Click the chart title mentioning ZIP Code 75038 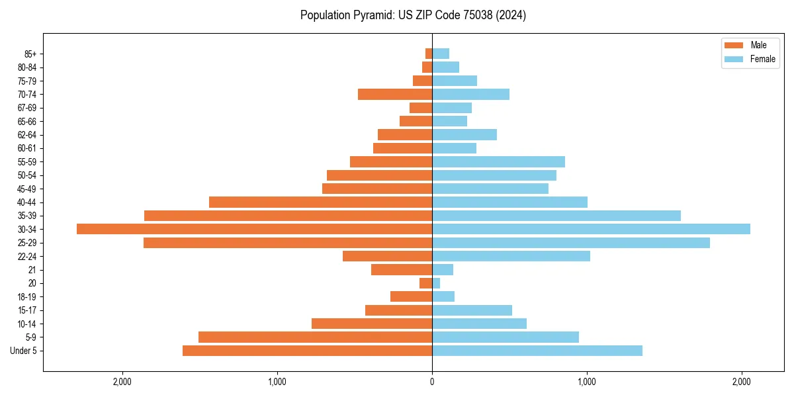coord(413,15)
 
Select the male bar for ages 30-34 coord(254,229)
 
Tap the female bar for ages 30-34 coord(591,229)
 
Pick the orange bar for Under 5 coord(307,351)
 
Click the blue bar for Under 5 coord(537,351)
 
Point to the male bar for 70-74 coord(395,95)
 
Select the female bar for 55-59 coord(498,162)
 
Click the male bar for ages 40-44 coord(320,202)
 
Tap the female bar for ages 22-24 coord(511,256)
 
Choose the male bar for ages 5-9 coord(315,337)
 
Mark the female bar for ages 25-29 coord(570,243)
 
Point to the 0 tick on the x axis coord(432,382)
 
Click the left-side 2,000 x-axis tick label coord(122,382)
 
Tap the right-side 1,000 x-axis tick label coord(587,382)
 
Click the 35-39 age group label coord(26,216)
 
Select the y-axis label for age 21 coord(32,270)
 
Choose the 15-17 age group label coord(26,310)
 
